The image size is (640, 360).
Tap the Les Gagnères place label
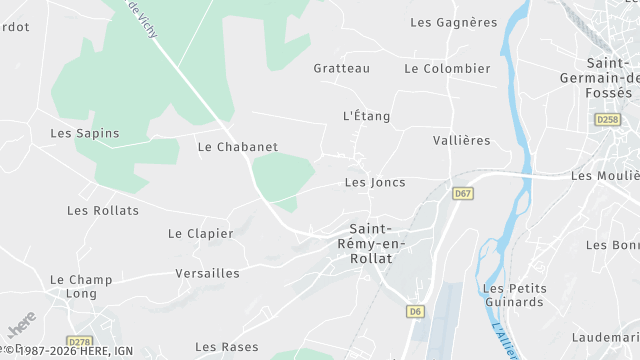(x=454, y=22)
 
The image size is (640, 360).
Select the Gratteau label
(x=341, y=69)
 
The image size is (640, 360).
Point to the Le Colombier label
(x=447, y=69)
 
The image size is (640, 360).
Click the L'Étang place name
(x=366, y=116)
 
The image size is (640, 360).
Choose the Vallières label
(x=463, y=141)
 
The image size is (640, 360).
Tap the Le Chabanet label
(x=238, y=147)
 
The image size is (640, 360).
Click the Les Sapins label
(x=85, y=133)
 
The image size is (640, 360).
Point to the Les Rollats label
(x=98, y=210)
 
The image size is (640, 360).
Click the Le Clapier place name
(x=201, y=234)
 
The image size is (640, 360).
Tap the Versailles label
(x=208, y=273)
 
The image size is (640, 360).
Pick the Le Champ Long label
(x=81, y=287)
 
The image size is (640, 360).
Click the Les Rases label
(x=226, y=347)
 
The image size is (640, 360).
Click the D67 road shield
(x=462, y=194)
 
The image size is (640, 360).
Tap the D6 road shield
(x=415, y=312)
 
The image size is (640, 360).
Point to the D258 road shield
(x=607, y=120)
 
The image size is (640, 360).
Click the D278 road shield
(x=79, y=342)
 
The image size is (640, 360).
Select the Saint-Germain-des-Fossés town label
(x=612, y=78)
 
